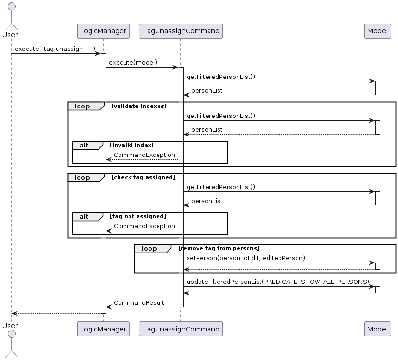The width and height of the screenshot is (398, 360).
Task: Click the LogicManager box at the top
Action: pos(103,31)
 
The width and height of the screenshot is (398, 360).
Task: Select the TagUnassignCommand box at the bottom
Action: pos(180,329)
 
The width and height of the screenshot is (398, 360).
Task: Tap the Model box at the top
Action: pos(378,31)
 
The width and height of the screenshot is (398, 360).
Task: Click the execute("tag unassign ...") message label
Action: pos(55,49)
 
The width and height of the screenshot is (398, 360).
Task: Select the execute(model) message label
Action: pos(133,63)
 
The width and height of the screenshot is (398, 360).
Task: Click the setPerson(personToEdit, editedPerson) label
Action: pos(246,258)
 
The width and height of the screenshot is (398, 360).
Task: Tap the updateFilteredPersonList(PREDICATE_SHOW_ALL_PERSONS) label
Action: pos(278,282)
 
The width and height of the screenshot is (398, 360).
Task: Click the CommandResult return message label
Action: pos(139,302)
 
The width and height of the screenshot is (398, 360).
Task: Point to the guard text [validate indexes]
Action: pos(139,106)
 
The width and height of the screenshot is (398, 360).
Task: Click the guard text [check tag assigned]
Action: pos(143,177)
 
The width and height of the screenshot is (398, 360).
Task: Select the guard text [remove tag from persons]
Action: pos(219,248)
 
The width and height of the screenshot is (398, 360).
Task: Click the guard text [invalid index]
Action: pos(131,145)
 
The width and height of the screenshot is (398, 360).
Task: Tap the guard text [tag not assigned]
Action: pos(138,216)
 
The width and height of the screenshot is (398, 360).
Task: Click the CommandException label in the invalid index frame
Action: pos(144,155)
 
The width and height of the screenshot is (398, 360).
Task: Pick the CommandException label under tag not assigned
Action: pos(144,226)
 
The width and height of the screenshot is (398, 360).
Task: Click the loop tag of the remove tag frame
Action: pos(150,248)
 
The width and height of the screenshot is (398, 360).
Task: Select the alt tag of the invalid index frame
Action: pos(85,145)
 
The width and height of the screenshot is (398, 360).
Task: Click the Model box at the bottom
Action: pos(378,329)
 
